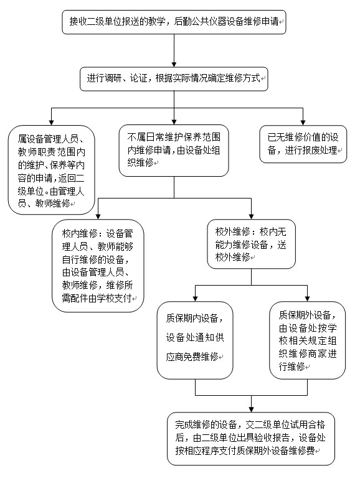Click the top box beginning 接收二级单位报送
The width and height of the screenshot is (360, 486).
174,22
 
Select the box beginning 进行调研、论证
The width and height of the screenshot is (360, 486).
174,79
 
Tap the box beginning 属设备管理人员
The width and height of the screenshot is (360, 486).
51,170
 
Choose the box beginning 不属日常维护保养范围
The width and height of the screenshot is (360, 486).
174,151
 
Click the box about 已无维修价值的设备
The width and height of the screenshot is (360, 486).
303,144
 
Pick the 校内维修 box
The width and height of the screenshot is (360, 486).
98,266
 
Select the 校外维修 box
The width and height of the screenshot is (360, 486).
251,244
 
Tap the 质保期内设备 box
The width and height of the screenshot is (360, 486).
195,340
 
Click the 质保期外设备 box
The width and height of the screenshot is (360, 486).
307,340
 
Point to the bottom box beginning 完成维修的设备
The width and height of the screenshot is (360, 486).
251,439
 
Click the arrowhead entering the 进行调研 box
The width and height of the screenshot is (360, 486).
174,65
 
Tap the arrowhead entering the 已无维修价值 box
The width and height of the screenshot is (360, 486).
303,123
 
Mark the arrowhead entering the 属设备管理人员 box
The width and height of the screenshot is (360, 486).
52,123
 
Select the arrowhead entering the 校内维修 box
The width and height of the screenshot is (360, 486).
98,217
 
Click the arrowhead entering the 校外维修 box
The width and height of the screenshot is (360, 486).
251,217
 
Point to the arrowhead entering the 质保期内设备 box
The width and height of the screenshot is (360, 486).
195,299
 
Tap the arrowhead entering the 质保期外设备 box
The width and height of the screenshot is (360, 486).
307,299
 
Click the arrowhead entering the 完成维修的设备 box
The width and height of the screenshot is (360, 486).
251,409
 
